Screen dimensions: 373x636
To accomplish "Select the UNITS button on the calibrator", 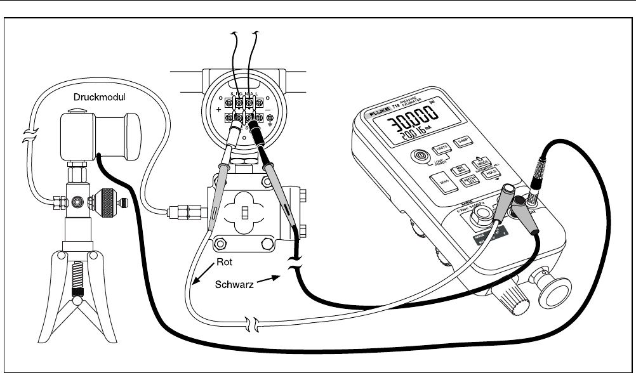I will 441,150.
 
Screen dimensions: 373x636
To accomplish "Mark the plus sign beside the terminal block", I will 219,110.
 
